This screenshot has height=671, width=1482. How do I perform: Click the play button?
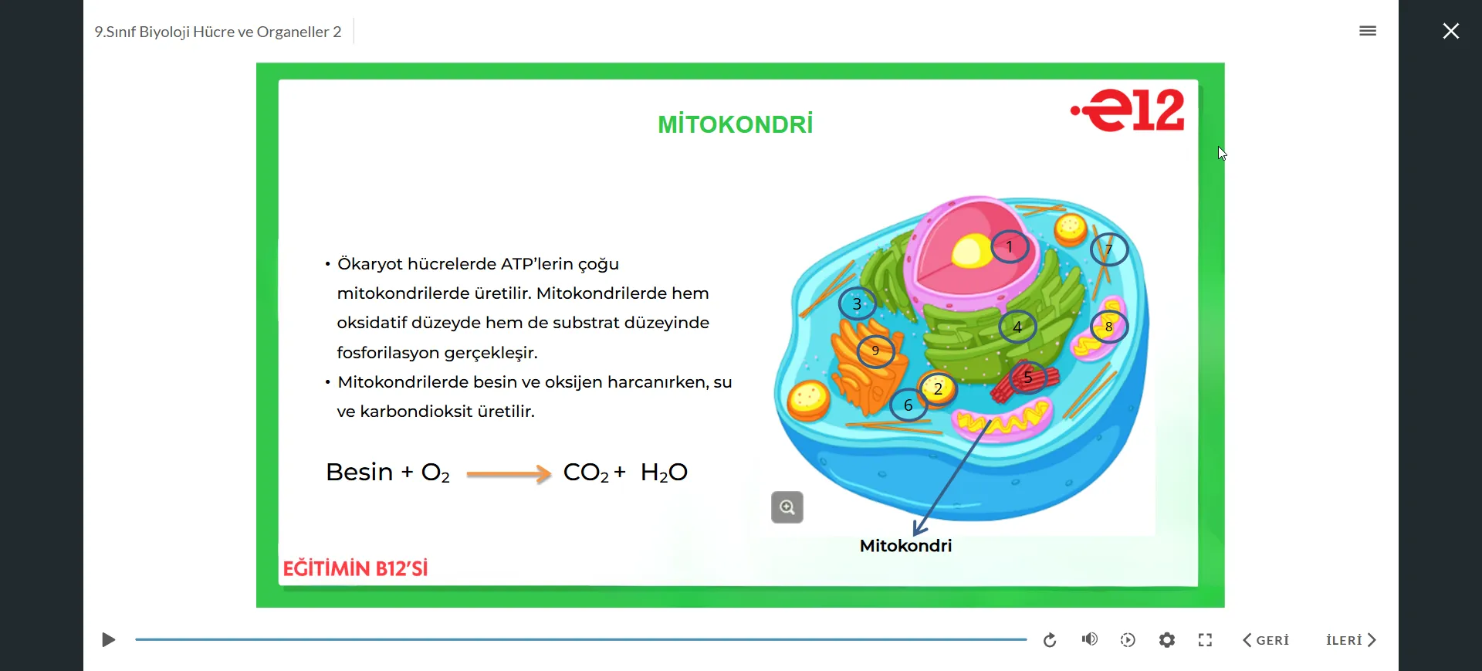pyautogui.click(x=109, y=640)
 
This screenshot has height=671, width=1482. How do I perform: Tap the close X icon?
pyautogui.click(x=1451, y=31)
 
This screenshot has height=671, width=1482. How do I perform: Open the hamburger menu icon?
pyautogui.click(x=1368, y=31)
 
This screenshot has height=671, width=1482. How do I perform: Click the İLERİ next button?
pyautogui.click(x=1351, y=640)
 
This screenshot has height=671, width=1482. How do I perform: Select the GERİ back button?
pyautogui.click(x=1266, y=640)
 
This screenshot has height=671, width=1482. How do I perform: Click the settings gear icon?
pyautogui.click(x=1167, y=640)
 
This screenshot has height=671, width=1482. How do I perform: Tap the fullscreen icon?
pyautogui.click(x=1206, y=640)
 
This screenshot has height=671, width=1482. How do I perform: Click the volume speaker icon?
pyautogui.click(x=1090, y=639)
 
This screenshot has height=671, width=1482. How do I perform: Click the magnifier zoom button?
pyautogui.click(x=787, y=507)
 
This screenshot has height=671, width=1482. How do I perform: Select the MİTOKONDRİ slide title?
pyautogui.click(x=736, y=124)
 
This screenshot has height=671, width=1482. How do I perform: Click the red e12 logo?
pyautogui.click(x=1128, y=110)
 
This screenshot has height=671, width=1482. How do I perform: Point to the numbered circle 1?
pyautogui.click(x=1010, y=247)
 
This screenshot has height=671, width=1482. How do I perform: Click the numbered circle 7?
pyautogui.click(x=1109, y=249)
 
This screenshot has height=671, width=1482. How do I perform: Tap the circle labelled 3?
pyautogui.click(x=857, y=304)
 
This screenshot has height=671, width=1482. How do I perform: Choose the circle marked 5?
pyautogui.click(x=1027, y=378)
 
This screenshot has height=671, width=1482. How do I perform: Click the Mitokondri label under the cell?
pyautogui.click(x=906, y=546)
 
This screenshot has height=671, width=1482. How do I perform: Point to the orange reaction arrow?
pyautogui.click(x=509, y=473)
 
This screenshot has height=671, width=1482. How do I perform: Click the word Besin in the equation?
pyautogui.click(x=360, y=472)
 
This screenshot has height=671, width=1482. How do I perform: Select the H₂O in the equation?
pyautogui.click(x=664, y=473)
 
